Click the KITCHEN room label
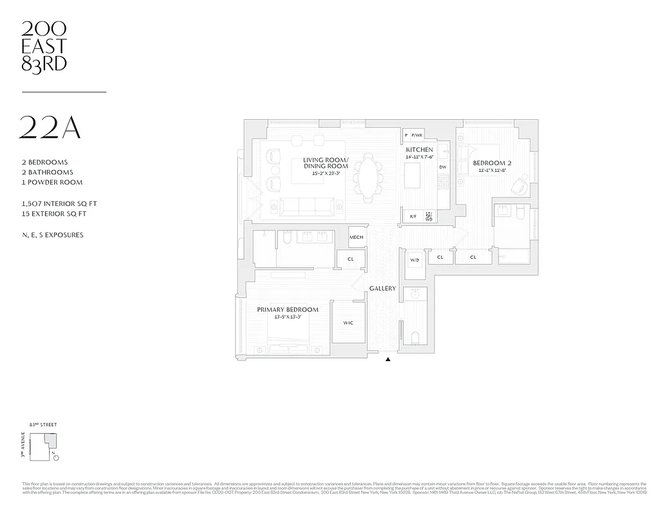[419, 149]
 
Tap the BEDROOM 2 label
[492, 163]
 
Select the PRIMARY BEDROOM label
[288, 310]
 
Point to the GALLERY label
[382, 288]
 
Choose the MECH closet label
[356, 237]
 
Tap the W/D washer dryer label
[415, 260]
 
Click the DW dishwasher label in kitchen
[442, 167]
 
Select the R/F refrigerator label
[413, 216]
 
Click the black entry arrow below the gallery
[388, 359]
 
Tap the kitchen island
[412, 175]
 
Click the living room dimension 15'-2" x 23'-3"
[326, 173]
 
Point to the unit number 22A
[51, 128]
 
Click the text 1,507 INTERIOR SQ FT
[59, 203]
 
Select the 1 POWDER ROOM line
[52, 182]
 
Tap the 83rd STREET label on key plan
[43, 425]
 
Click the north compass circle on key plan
[56, 458]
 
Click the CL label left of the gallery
[350, 259]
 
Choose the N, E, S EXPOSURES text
[52, 235]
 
